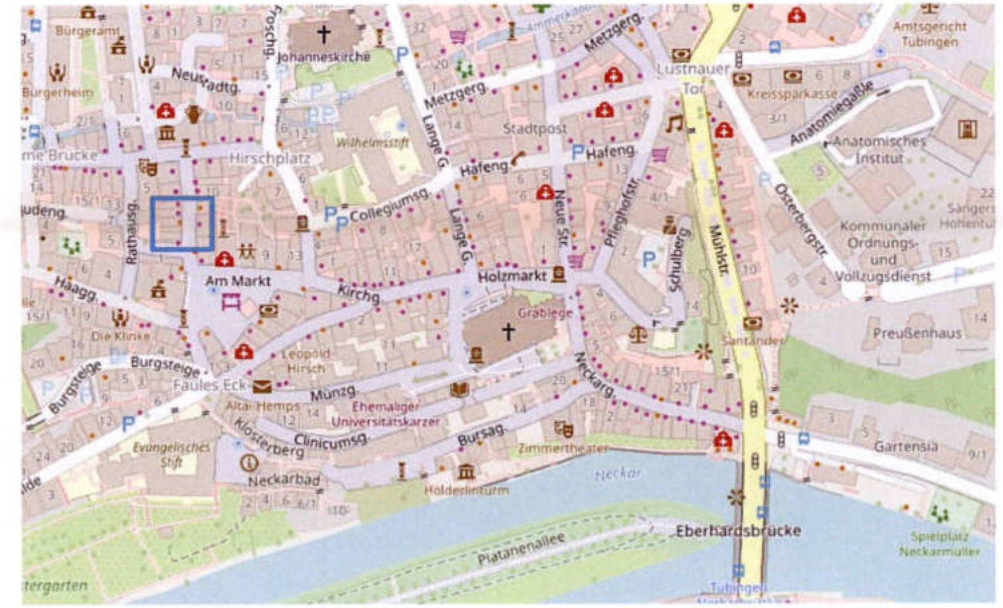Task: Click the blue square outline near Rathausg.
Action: click(x=183, y=224)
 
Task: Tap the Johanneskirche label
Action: click(x=324, y=57)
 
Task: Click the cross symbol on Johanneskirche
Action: click(x=324, y=33)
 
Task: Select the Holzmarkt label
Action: click(x=512, y=276)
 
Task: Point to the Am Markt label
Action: click(x=238, y=281)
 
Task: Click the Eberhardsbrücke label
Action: click(x=738, y=531)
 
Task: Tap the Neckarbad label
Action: click(x=284, y=480)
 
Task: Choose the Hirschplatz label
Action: click(x=269, y=159)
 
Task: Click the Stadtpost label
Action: click(x=535, y=128)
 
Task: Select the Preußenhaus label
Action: click(x=917, y=333)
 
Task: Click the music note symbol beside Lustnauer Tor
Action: click(x=674, y=124)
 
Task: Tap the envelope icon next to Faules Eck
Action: click(x=262, y=386)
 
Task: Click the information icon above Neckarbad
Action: click(x=249, y=462)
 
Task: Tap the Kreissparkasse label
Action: click(x=792, y=94)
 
